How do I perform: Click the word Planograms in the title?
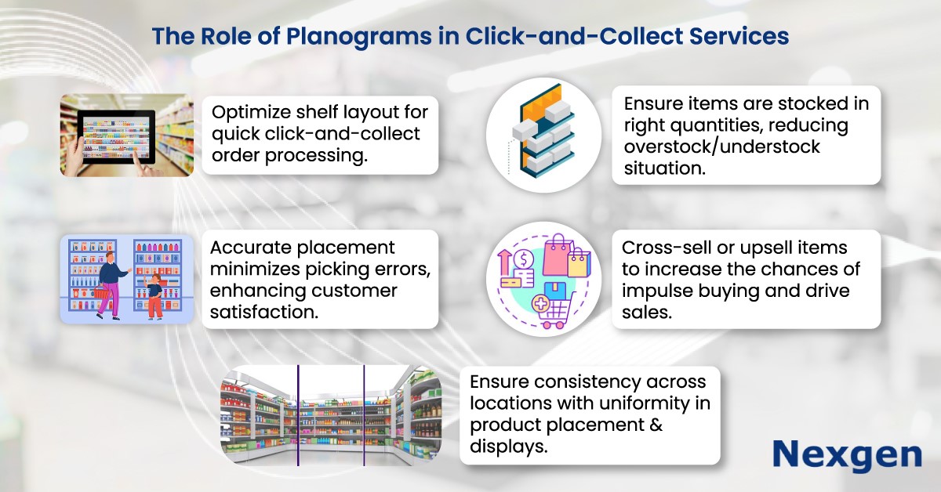pos(359,37)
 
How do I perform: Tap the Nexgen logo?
pos(848,456)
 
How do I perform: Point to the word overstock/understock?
pos(721,147)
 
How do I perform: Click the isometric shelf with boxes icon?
pos(543,132)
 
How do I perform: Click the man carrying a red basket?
pos(110,286)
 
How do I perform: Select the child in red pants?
pos(154,296)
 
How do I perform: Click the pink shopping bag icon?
pos(557,255)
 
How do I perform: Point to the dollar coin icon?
pos(524,260)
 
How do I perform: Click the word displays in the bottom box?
pos(509,446)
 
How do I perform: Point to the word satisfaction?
pos(263,313)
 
